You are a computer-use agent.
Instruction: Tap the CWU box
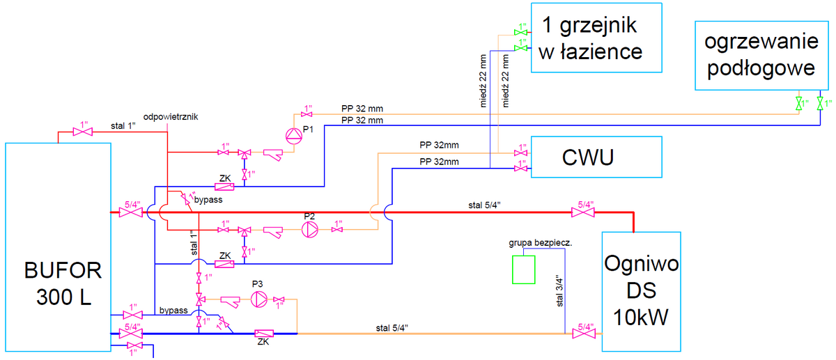coord(596,157)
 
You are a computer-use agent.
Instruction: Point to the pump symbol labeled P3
coord(258,300)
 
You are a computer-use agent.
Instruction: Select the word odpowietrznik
coord(171,117)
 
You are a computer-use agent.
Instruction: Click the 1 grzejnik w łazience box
coord(596,38)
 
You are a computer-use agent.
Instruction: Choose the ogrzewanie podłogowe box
coord(761,56)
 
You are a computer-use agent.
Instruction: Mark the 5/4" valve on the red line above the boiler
coord(583,212)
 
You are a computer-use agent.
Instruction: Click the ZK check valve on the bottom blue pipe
coord(264,334)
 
